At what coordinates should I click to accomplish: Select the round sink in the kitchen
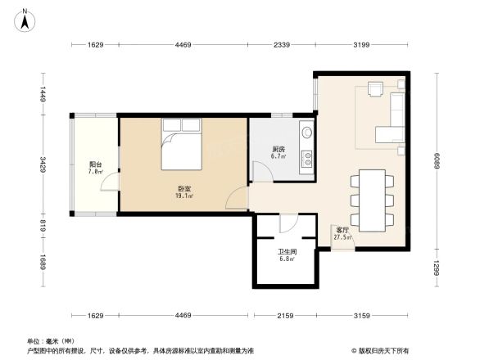306,132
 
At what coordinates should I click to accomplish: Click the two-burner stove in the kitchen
306,156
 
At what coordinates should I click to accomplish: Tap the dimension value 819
43,222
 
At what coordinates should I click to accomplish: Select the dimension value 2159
284,315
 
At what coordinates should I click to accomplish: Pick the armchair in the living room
377,88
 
